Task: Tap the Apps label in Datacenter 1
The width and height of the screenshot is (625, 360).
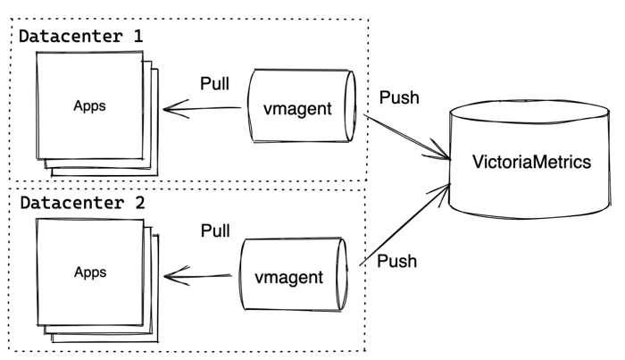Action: point(88,105)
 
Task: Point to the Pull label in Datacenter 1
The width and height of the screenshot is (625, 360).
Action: point(215,84)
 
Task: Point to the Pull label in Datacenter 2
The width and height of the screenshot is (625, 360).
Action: point(215,232)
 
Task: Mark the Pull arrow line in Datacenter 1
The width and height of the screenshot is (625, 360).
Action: point(205,110)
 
